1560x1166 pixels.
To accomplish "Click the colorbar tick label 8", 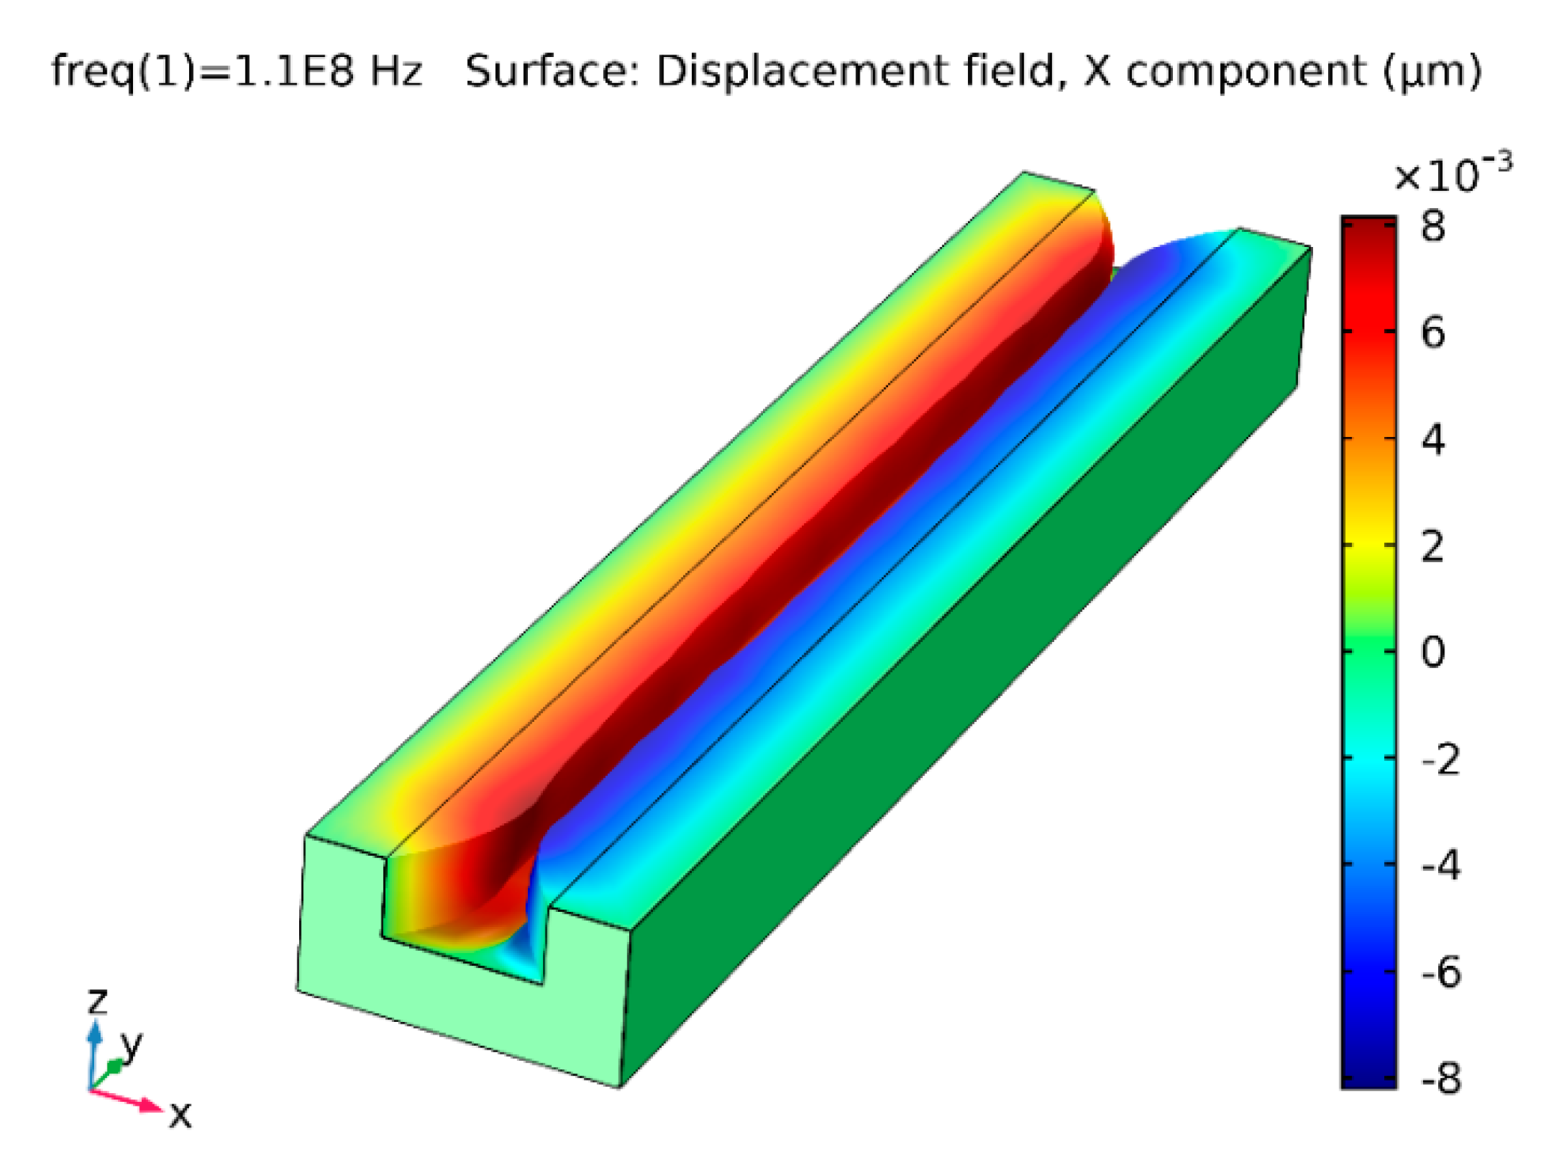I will point(1433,227).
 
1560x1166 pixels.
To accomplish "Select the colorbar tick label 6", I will point(1433,333).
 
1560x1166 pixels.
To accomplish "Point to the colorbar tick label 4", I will point(1433,439).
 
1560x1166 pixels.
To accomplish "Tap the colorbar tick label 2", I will point(1433,546).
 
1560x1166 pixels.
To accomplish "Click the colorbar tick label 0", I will point(1433,652).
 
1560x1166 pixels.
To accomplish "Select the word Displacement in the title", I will point(801,71).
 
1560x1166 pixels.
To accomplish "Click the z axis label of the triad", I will point(97,1001).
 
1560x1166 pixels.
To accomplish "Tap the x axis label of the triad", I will point(180,1115).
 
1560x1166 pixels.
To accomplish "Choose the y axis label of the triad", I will point(131,1045).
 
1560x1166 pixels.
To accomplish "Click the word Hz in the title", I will point(397,71).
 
